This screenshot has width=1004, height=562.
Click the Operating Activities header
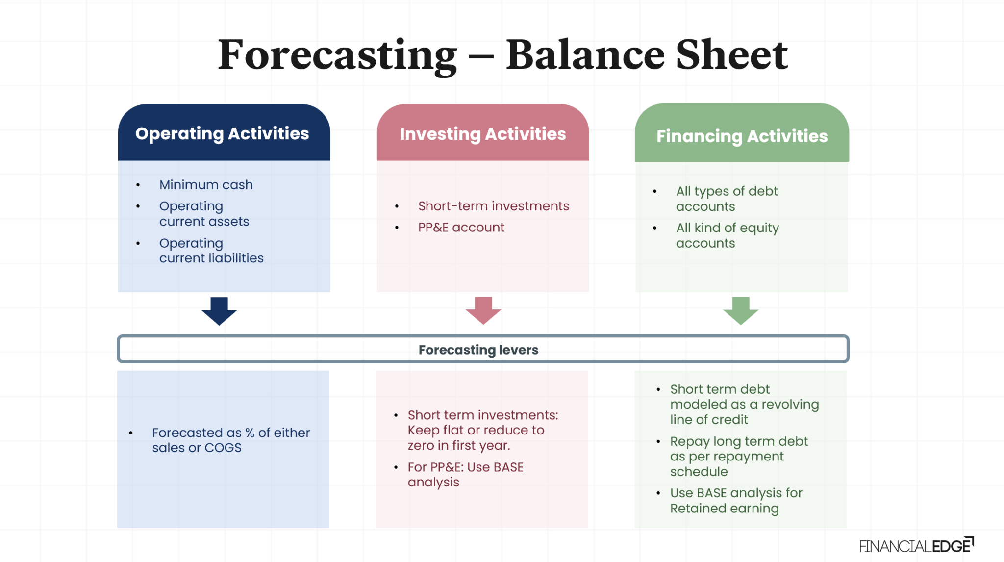(222, 133)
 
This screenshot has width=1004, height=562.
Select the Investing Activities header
(482, 134)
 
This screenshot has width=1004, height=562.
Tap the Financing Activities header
(742, 136)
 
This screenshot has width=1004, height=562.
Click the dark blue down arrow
(219, 311)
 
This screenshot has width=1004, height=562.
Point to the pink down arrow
(483, 310)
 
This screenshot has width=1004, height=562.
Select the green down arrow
(741, 310)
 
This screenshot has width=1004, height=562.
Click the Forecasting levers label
(478, 350)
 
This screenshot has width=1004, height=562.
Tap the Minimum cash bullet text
(206, 185)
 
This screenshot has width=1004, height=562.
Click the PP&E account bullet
(461, 228)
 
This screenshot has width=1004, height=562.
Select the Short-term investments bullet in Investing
(493, 206)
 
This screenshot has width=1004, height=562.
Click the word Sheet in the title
(731, 55)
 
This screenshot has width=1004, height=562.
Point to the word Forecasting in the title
(337, 55)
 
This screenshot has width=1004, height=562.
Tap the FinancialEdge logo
(916, 545)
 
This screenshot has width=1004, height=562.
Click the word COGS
(223, 448)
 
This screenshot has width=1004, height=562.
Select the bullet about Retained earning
(735, 501)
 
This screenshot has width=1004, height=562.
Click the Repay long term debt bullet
(738, 456)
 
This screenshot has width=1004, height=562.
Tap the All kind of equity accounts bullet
(727, 235)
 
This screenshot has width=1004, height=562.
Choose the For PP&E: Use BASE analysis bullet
(465, 474)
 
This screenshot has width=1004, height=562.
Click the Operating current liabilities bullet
(211, 251)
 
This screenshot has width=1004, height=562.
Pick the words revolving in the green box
(790, 405)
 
